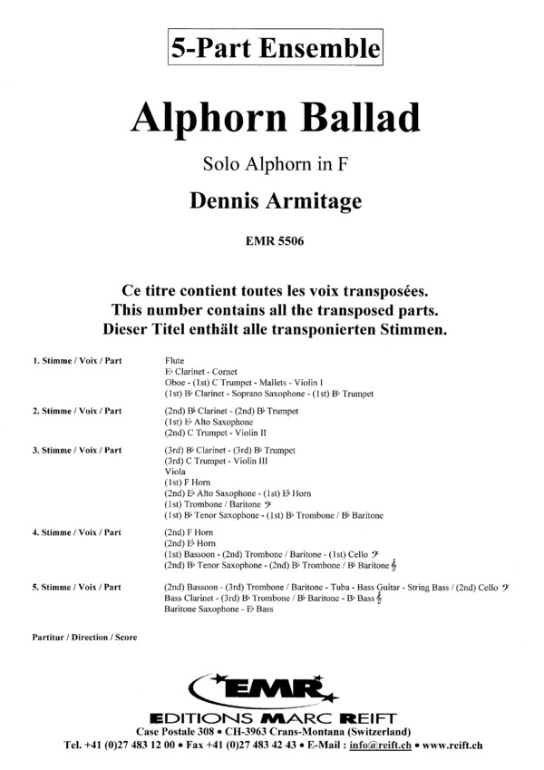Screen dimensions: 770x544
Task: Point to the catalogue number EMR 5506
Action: (273, 241)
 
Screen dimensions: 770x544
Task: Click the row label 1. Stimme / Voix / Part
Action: (77, 361)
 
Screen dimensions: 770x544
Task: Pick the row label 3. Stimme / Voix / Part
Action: (77, 450)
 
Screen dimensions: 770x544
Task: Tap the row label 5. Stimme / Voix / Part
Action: (77, 588)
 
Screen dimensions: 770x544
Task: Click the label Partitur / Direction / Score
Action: (83, 638)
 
